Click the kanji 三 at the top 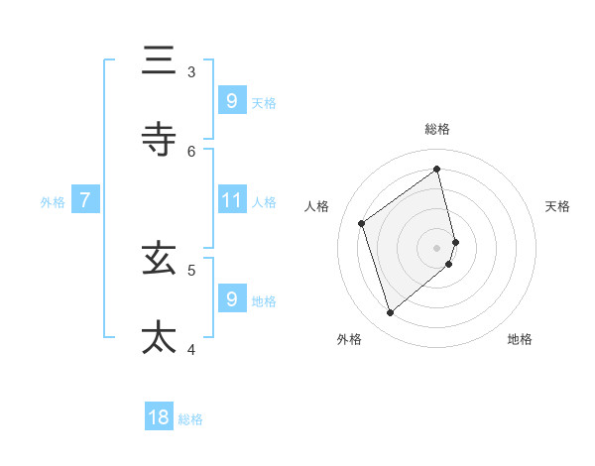pyautogui.click(x=159, y=60)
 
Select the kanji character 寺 pyautogui.click(x=159, y=140)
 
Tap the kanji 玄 pyautogui.click(x=159, y=259)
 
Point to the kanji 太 pyautogui.click(x=159, y=337)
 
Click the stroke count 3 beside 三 pyautogui.click(x=191, y=71)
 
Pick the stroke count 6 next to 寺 pyautogui.click(x=191, y=151)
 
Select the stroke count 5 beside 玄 pyautogui.click(x=191, y=269)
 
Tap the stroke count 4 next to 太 pyautogui.click(x=191, y=348)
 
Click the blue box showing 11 pyautogui.click(x=231, y=200)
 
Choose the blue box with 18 pyautogui.click(x=159, y=417)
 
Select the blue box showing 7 pyautogui.click(x=85, y=200)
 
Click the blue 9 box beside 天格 pyautogui.click(x=231, y=100)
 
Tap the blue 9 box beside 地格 pyautogui.click(x=231, y=298)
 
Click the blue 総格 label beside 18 pyautogui.click(x=190, y=419)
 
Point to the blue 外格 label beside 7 pyautogui.click(x=53, y=202)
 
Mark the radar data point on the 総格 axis pyautogui.click(x=437, y=169)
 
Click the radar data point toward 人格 pyautogui.click(x=362, y=223)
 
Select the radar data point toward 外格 pyautogui.click(x=390, y=313)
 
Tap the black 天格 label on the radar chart pyautogui.click(x=557, y=206)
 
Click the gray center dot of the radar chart pyautogui.click(x=437, y=246)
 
